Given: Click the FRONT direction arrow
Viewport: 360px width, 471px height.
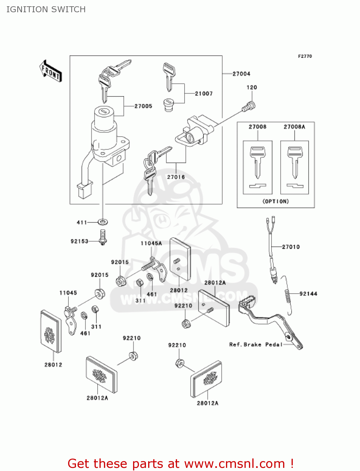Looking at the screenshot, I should (51, 71).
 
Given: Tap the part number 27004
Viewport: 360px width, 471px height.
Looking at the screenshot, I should (241, 74).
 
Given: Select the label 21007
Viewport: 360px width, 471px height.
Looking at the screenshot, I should (204, 94).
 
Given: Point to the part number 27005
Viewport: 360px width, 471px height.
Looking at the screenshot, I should (143, 106).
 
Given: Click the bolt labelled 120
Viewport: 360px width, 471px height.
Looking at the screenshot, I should (249, 107).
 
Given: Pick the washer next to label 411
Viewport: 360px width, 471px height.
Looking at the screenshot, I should (103, 222).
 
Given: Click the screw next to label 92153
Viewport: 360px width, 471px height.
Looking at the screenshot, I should (103, 237).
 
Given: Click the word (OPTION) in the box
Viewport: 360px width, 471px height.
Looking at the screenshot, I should (276, 201).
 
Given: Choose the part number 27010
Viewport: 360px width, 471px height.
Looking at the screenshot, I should (291, 247).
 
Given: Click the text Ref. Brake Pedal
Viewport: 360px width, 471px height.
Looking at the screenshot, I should (256, 344).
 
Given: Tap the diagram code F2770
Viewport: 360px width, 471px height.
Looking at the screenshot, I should (305, 56).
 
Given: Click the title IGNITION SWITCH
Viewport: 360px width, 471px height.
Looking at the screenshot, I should (46, 9).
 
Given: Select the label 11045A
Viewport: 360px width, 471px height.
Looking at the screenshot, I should (151, 243).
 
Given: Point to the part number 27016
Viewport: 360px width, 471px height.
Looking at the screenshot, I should (176, 177).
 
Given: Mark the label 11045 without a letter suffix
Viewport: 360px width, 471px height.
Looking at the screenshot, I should (68, 293).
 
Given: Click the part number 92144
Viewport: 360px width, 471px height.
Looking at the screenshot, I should (308, 294).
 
